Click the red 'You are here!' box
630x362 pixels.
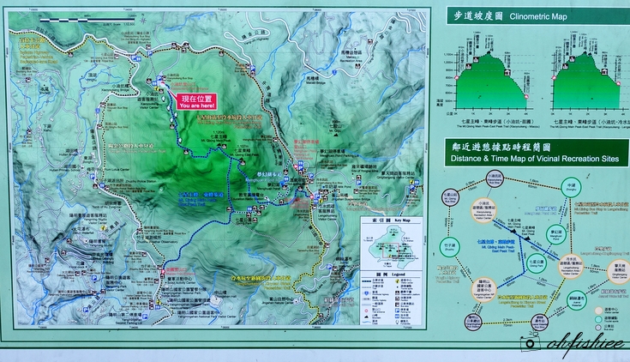coord(196,100)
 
